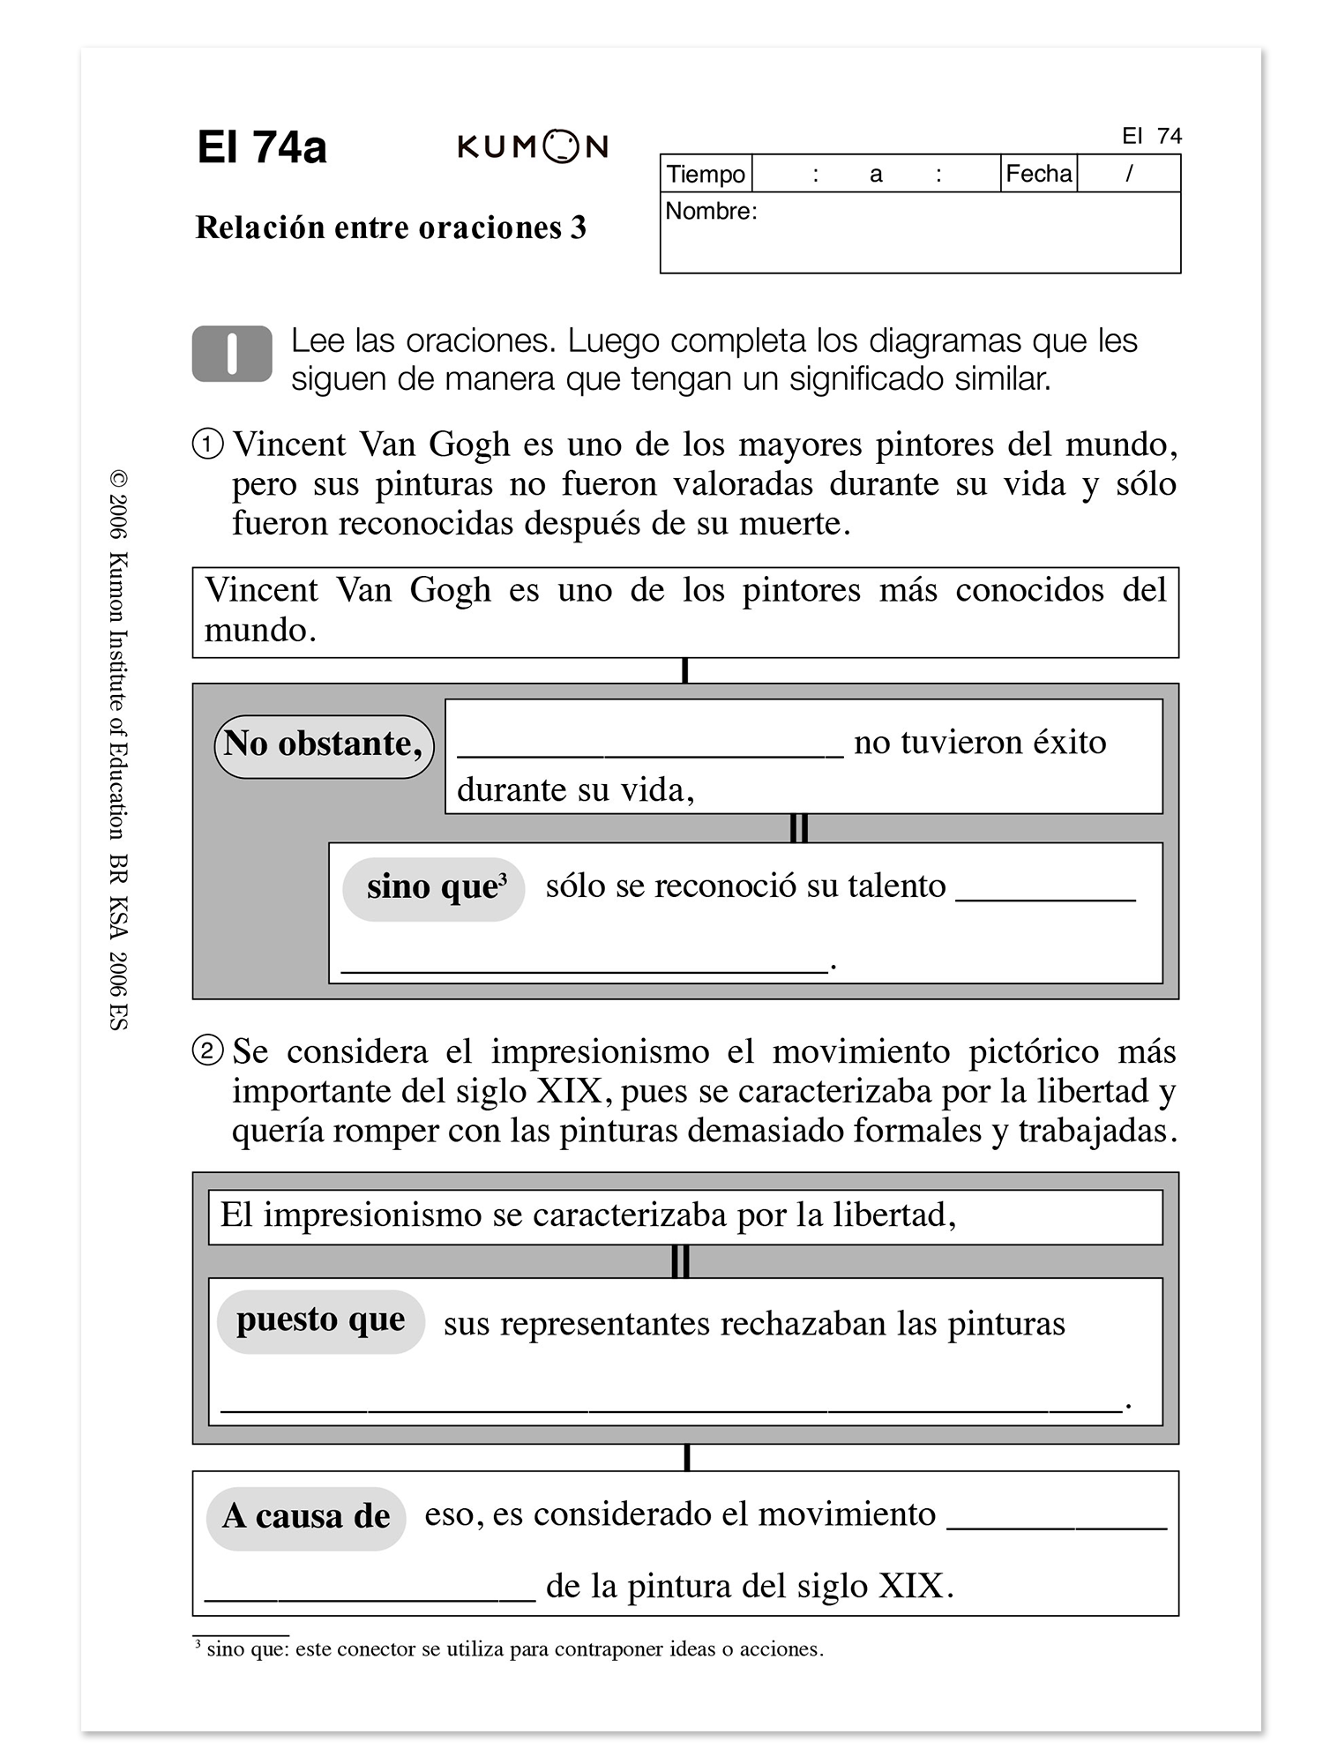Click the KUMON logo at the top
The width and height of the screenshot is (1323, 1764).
pos(533,146)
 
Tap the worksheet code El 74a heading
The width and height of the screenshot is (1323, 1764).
pos(262,147)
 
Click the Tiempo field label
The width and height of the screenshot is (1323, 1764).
pos(706,174)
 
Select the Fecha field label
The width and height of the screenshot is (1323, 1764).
pos(1038,174)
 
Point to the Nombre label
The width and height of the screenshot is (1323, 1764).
pos(711,212)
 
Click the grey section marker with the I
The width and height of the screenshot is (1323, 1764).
pos(232,354)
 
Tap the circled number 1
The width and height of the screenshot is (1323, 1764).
pos(208,444)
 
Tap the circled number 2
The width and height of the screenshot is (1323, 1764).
pos(208,1051)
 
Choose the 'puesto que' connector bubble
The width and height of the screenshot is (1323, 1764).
pos(321,1320)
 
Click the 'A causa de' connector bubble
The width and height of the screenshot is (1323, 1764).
pos(306,1517)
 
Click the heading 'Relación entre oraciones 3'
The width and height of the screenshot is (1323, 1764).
pos(391,228)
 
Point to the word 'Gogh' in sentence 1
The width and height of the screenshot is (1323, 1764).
pos(469,445)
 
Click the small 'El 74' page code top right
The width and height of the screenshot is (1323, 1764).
pos(1152,136)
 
